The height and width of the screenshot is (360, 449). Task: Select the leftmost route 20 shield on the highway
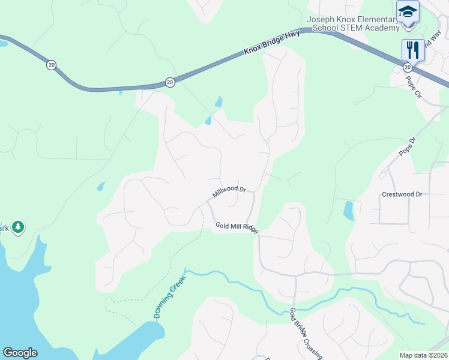(51, 64)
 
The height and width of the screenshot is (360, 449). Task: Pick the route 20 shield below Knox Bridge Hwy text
(170, 82)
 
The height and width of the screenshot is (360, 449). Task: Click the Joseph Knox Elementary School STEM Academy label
(352, 23)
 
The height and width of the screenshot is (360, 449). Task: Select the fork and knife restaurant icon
(412, 49)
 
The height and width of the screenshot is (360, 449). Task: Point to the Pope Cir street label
(415, 86)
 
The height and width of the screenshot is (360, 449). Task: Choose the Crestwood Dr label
(402, 194)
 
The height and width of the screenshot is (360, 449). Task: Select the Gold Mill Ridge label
(237, 227)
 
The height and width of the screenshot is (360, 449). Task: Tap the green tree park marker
(19, 226)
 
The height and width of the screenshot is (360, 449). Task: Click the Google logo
(20, 353)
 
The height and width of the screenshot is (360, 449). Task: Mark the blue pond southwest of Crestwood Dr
(348, 211)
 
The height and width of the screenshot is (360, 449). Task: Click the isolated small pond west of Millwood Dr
(101, 187)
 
